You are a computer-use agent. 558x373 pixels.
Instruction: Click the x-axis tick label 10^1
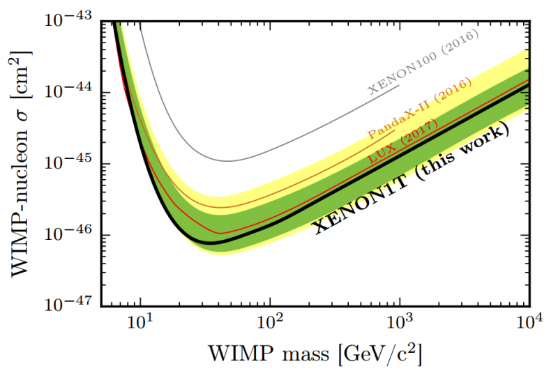click(142, 324)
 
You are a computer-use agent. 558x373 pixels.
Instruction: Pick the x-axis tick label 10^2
click(271, 324)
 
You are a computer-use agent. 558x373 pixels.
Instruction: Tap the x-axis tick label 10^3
click(400, 324)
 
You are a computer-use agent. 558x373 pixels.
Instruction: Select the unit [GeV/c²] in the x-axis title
click(379, 355)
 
